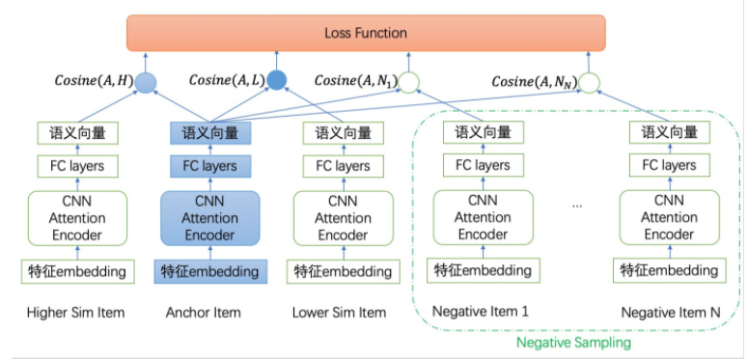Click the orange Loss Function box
point(366,33)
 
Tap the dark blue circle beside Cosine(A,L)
point(278,81)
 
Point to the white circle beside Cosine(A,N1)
point(410,83)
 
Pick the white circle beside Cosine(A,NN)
point(590,83)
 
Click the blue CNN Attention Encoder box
point(209,218)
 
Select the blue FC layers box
point(209,166)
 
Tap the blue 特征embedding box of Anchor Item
point(209,270)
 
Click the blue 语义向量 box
point(209,133)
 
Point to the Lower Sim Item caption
point(339,312)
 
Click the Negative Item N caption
point(669,312)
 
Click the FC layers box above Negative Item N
point(669,165)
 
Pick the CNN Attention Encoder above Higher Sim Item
point(76,218)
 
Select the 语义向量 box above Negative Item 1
point(483,133)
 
